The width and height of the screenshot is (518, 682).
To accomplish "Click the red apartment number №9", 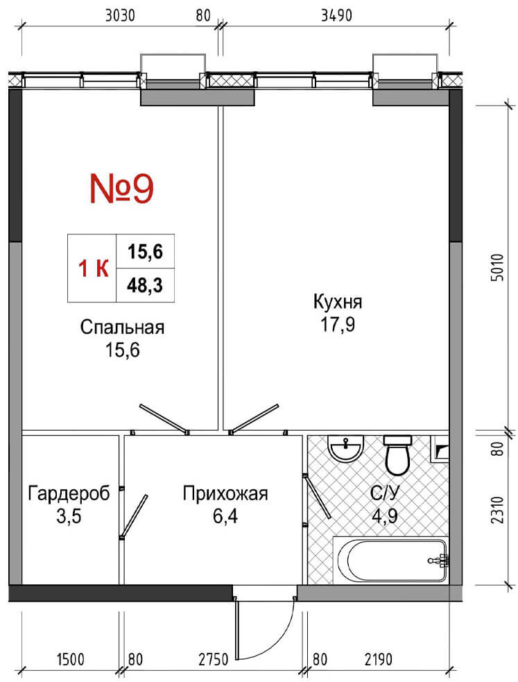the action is pos(121,188).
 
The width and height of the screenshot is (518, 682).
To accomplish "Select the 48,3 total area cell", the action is pos(145,285).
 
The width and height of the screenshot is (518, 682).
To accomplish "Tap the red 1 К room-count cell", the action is pos(92,268).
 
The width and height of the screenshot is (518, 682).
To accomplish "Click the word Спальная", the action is pos(123,327).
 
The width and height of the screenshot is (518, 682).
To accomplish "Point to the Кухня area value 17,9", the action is pos(338,325).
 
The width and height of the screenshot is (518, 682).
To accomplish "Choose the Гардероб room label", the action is pos(69,493).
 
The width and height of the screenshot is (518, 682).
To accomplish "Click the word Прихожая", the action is pos(225,494).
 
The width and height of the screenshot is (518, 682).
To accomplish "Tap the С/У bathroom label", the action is pos(385,493).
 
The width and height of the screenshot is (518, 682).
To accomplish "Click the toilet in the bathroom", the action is pos(397,455).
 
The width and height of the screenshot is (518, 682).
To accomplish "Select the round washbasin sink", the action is pos(345,447).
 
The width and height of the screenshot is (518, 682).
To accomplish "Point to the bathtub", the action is pos(390,560).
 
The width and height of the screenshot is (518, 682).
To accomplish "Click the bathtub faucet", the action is pos(439,560).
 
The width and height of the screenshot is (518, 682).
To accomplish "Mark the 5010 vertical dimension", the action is pos(499,268).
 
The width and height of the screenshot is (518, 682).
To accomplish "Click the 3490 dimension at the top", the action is pos(336,16).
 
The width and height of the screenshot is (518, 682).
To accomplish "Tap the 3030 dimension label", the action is pos(121,16).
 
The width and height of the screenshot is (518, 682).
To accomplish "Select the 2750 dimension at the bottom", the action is pos(214,660).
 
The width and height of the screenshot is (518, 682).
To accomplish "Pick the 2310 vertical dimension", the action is pos(499,510).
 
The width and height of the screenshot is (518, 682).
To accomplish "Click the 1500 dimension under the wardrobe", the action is pos(71,660).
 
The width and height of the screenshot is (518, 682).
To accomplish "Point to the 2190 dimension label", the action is pos(378,660).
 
